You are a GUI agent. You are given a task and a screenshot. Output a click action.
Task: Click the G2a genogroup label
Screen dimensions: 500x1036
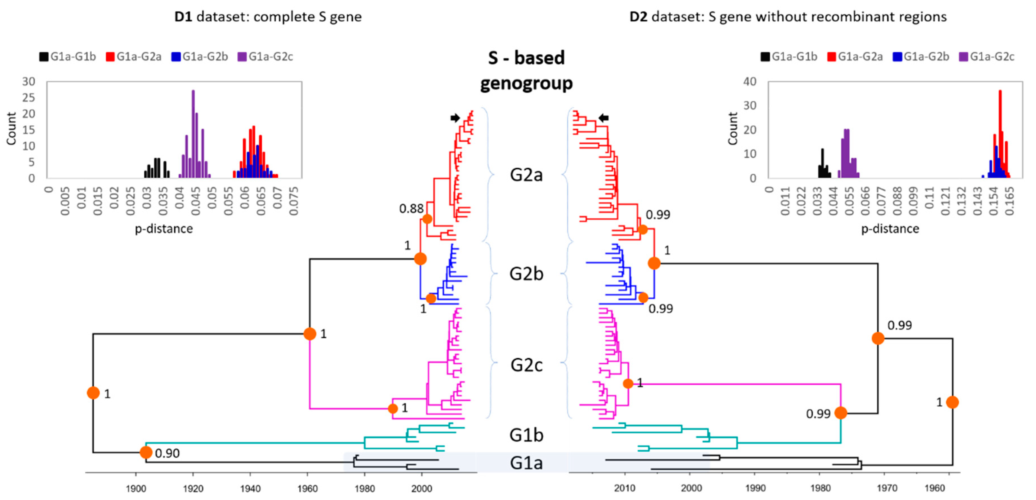point(526,175)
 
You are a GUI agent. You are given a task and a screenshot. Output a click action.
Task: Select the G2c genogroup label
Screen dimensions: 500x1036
point(526,365)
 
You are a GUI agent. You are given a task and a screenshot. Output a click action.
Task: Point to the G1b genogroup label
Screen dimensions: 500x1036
point(526,435)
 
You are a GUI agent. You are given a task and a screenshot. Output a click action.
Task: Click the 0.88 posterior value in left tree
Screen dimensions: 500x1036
point(411,209)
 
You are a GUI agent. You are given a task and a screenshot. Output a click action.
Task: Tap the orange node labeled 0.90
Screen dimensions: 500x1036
point(146,453)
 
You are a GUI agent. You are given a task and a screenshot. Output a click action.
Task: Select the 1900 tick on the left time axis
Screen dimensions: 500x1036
point(136,489)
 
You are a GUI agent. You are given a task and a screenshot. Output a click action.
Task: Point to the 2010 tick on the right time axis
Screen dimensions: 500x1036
point(625,488)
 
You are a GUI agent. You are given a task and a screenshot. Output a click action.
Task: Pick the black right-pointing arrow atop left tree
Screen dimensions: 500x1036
point(455,118)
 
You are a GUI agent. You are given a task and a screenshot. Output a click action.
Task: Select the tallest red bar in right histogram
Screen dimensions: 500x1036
point(1000,133)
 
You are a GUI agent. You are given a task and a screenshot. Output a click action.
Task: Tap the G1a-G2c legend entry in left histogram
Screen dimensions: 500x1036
point(266,57)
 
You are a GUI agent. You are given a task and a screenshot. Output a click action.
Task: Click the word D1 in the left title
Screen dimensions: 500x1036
point(183,17)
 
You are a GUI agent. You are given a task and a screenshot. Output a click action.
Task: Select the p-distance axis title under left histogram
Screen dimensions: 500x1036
point(164,229)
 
